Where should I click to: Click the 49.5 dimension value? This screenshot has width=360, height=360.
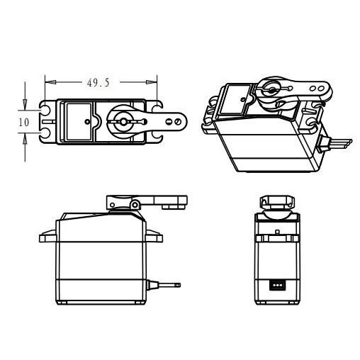98,82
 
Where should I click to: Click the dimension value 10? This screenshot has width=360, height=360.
23,121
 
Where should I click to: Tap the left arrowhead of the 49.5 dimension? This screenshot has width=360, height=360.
48,81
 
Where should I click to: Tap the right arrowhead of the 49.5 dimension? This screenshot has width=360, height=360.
150,81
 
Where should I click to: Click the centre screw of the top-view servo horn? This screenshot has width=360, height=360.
122,122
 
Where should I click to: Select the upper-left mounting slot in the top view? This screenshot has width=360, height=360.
47,111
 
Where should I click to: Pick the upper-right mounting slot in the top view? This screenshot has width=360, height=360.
151,111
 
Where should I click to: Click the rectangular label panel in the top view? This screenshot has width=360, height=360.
81,122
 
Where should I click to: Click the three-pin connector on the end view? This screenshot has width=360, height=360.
276,285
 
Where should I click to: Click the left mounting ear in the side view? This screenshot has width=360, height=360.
47,233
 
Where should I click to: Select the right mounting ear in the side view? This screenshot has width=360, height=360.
155,233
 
